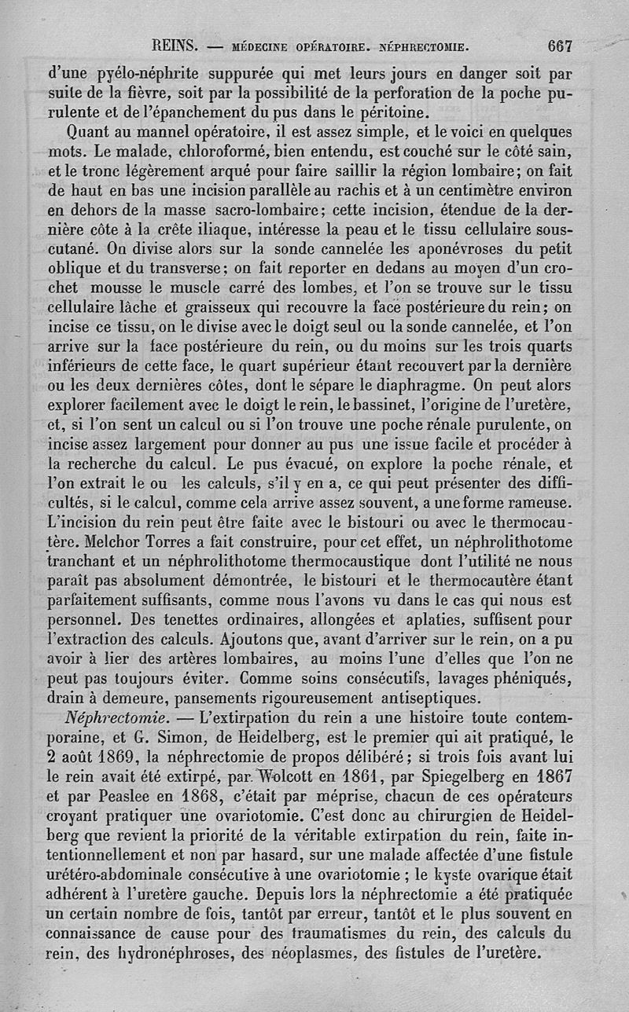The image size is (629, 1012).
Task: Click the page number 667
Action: click(x=560, y=46)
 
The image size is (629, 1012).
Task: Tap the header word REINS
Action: click(x=175, y=46)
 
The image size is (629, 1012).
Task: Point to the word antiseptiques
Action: click(x=413, y=698)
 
